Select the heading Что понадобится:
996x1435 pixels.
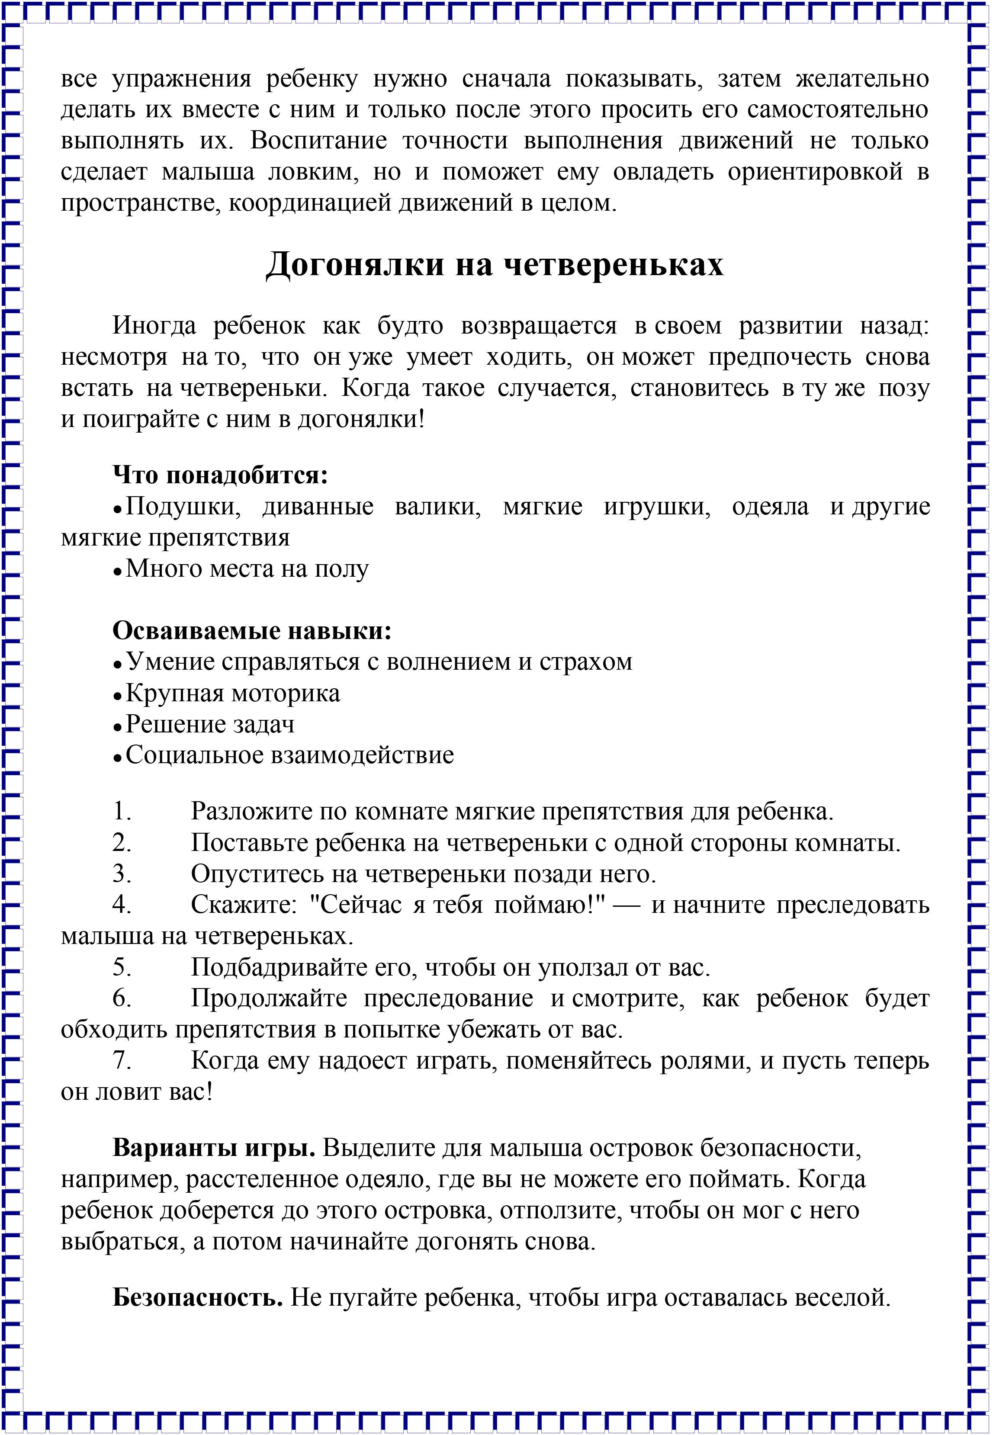pos(220,475)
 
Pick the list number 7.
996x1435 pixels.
pos(122,1061)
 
